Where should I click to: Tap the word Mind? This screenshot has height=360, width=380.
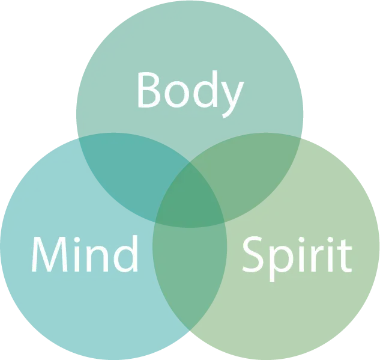(x=85, y=254)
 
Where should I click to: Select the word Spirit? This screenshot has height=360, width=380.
(x=296, y=256)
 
